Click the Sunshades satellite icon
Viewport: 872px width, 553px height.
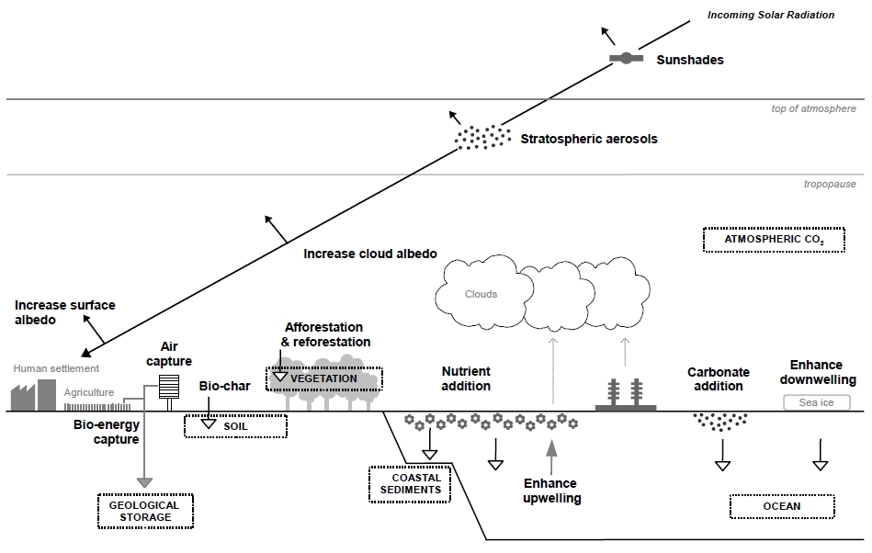tap(627, 59)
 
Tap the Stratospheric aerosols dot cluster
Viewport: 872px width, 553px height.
tap(483, 137)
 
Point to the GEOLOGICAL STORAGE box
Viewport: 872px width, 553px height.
tap(144, 511)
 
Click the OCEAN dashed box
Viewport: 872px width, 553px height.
tap(781, 506)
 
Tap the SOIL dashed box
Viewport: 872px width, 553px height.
tap(235, 426)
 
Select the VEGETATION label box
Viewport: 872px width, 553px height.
tap(323, 378)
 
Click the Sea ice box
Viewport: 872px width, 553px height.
tap(816, 402)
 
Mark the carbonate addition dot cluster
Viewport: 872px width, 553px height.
tap(720, 421)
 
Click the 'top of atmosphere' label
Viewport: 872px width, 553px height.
tap(813, 109)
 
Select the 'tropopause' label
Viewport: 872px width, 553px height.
tap(830, 184)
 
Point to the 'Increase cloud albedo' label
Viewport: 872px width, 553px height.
tap(369, 253)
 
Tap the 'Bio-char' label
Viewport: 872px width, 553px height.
tap(220, 386)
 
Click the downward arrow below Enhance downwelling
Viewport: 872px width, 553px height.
tap(821, 455)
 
